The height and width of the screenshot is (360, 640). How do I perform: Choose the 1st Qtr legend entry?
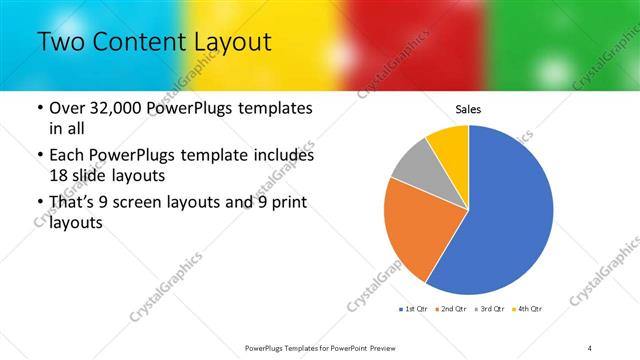(x=415, y=309)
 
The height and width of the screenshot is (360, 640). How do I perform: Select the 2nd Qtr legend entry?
(x=453, y=309)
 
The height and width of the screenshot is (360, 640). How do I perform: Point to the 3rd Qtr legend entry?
(x=490, y=309)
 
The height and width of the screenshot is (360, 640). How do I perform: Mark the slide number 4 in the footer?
(x=590, y=348)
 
